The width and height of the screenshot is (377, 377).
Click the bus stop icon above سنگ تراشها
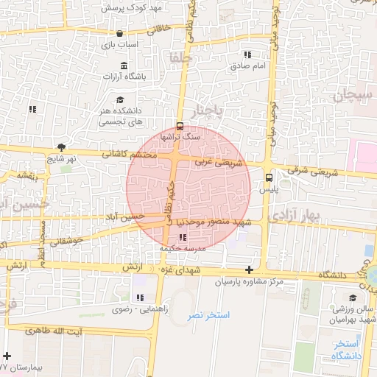(x=181, y=125)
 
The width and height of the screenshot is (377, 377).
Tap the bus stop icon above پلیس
(x=268, y=177)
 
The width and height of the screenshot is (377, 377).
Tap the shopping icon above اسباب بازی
(x=119, y=33)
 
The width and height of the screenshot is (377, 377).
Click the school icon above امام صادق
(x=247, y=54)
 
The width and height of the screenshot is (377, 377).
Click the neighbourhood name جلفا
(x=180, y=57)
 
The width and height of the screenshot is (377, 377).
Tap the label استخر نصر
(x=208, y=314)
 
